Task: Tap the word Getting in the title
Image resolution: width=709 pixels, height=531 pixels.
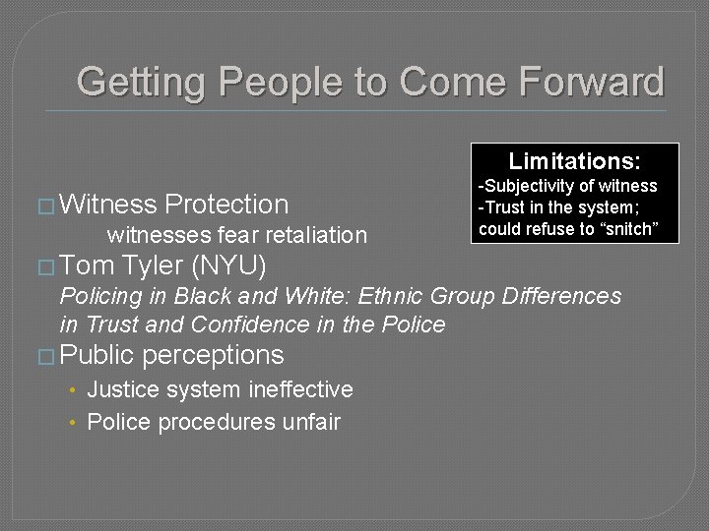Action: coord(141,82)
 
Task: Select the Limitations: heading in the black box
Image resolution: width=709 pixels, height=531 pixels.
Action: coord(574,160)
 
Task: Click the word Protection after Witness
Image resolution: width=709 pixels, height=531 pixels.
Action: coord(226,205)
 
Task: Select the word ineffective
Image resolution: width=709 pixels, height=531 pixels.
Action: coord(297,390)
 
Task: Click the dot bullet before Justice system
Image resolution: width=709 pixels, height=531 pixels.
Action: coord(74,391)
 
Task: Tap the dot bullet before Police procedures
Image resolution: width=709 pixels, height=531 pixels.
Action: coord(74,424)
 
